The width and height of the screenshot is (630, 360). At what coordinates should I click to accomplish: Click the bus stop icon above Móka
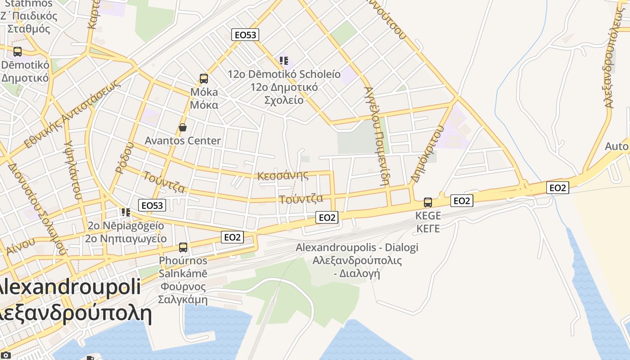pos(204,79)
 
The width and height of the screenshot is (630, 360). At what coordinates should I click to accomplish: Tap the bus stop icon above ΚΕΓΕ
pos(428,202)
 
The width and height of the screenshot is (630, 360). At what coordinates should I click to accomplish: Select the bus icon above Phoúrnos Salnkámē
pos(183,247)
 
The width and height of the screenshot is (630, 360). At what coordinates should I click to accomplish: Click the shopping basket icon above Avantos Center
pos(183,127)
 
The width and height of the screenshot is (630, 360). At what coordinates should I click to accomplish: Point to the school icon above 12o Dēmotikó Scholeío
pos(283,60)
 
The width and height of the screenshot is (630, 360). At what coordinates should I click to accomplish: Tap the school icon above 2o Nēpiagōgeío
pos(126,211)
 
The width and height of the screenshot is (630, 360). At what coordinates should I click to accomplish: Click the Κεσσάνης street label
pos(283,175)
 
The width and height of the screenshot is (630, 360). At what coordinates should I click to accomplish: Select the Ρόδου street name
pos(125,157)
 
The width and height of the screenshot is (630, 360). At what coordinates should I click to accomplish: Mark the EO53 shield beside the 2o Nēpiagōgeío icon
pos(152,206)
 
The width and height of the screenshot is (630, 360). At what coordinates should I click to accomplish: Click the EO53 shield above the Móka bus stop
pos(245,35)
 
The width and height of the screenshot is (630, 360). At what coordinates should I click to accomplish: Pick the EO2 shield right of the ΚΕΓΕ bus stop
pos(462,201)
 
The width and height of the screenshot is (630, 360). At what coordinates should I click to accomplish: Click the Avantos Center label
pos(183,141)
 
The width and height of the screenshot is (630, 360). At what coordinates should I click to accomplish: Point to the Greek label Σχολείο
pos(284,100)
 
